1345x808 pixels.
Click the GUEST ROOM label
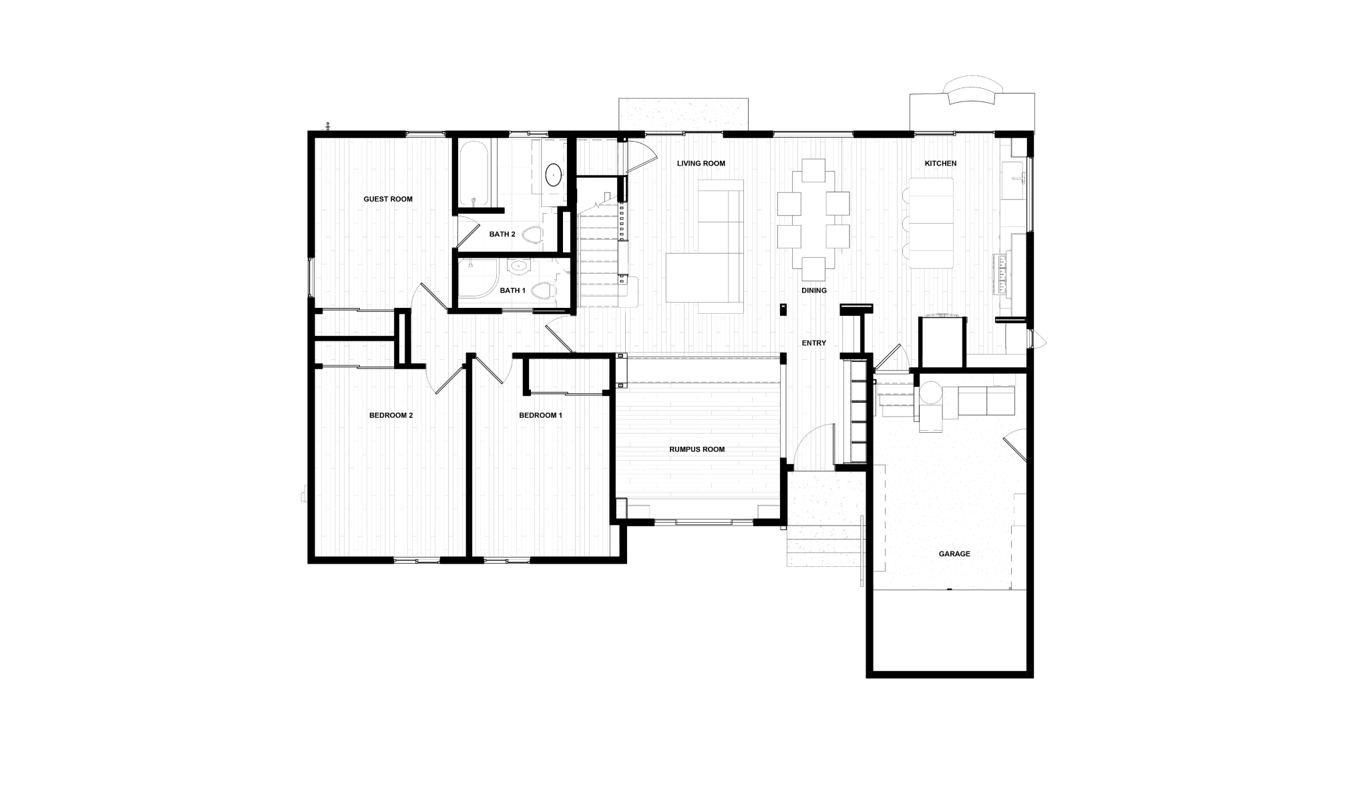[x=387, y=199]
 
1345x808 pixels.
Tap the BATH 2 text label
[x=502, y=234]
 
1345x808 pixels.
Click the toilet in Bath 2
[x=532, y=235]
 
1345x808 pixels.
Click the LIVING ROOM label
[x=701, y=163]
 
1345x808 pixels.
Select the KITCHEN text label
[x=940, y=164]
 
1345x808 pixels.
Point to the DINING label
[x=815, y=291]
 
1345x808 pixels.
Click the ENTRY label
[x=815, y=342]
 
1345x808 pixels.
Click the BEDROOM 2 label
[x=391, y=415]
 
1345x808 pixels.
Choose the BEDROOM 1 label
[x=538, y=415]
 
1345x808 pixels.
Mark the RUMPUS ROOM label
[x=697, y=449]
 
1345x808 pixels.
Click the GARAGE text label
[x=952, y=555]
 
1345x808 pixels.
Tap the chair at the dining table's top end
[x=813, y=171]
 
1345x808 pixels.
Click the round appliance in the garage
[x=930, y=393]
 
